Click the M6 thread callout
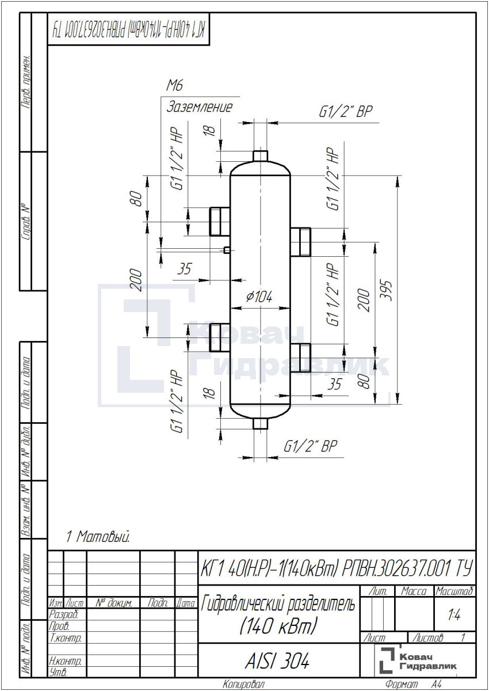click(x=175, y=85)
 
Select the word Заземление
click(x=200, y=107)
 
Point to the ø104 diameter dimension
click(x=259, y=297)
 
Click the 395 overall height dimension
click(x=386, y=290)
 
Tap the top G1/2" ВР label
click(x=346, y=111)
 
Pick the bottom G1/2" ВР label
click(x=310, y=446)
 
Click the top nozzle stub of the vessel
click(x=261, y=156)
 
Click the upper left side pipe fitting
click(x=220, y=222)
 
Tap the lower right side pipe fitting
click(x=300, y=358)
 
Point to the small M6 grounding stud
click(x=227, y=249)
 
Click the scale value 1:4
click(x=454, y=616)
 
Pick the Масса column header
click(x=414, y=591)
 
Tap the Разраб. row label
click(x=63, y=614)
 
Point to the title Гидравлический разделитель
click(x=278, y=604)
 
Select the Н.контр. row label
click(x=65, y=661)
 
